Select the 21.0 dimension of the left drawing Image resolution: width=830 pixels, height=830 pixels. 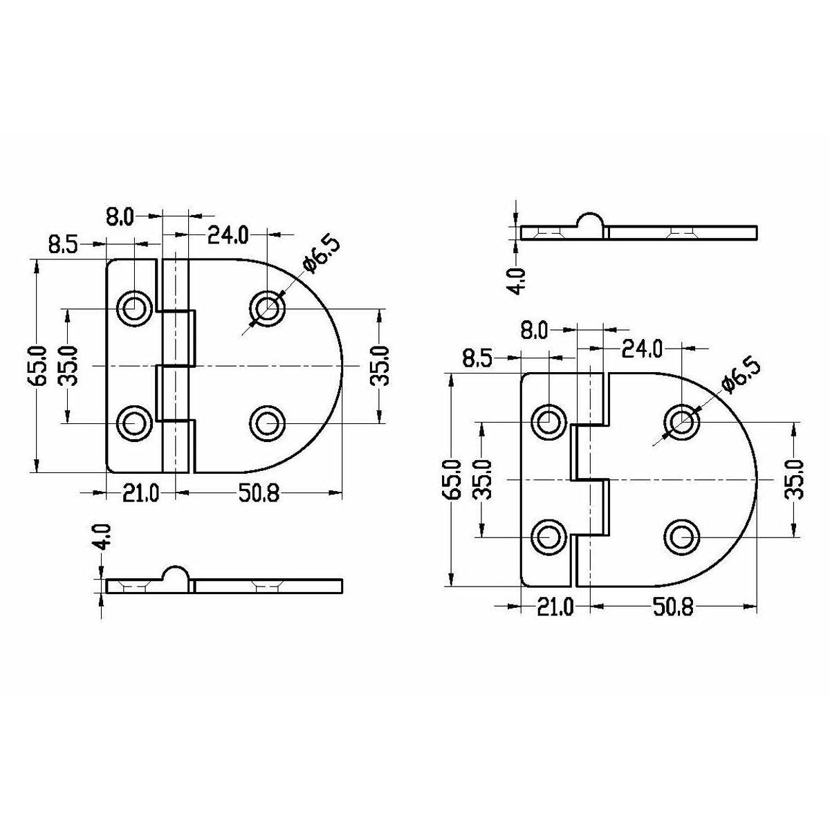click(141, 494)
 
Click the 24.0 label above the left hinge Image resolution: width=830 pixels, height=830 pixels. click(228, 236)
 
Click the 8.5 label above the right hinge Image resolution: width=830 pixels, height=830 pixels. click(477, 359)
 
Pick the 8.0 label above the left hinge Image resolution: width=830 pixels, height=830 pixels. click(119, 218)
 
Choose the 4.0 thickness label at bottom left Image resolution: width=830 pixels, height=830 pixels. click(104, 537)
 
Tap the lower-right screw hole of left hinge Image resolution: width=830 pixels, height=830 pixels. click(267, 422)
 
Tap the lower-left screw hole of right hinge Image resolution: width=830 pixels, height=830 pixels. click(549, 536)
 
